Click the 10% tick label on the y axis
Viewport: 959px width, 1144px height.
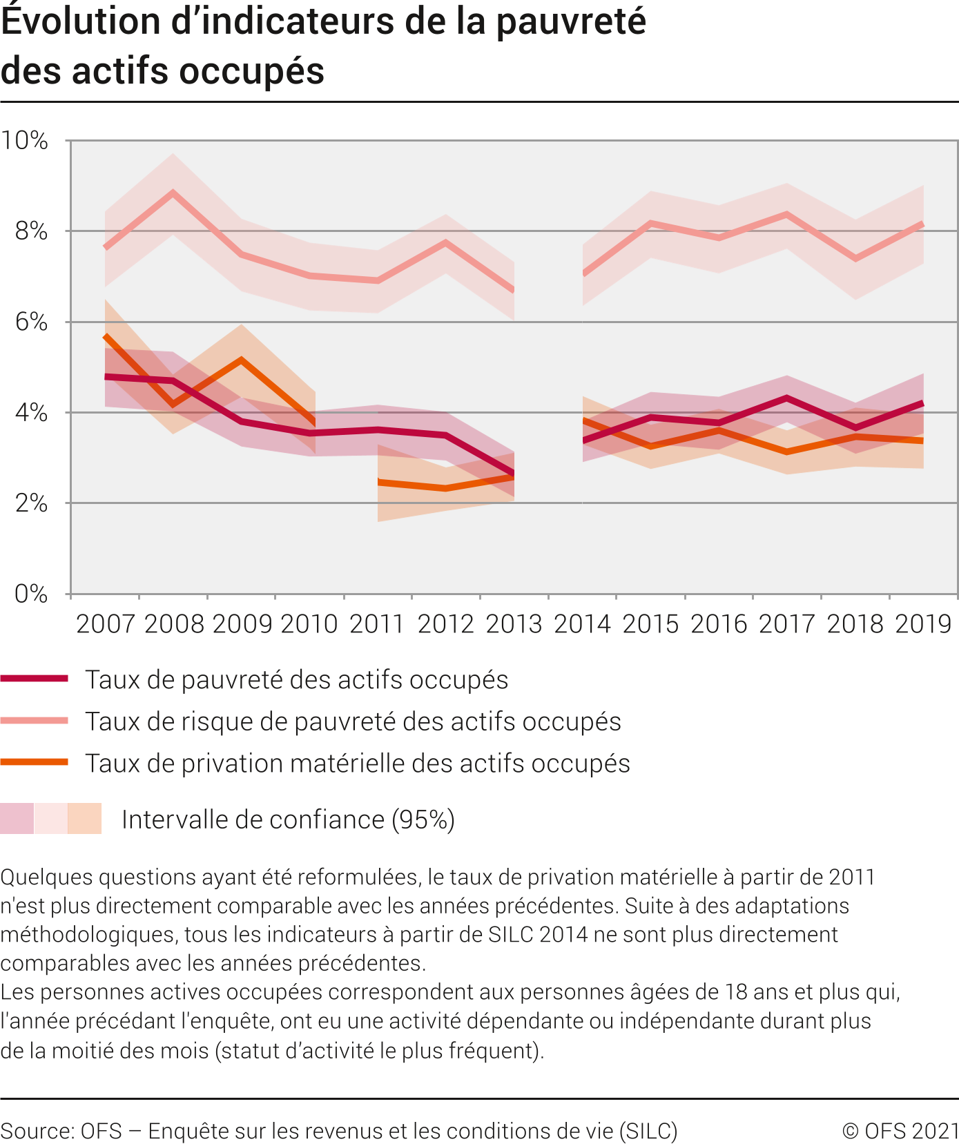point(25,141)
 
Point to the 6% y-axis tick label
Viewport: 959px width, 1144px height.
point(31,322)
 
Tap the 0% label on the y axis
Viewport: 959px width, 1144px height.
point(31,594)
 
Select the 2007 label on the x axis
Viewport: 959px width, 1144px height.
point(105,624)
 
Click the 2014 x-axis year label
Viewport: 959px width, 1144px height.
point(582,624)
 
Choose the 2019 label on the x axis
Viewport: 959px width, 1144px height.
point(923,624)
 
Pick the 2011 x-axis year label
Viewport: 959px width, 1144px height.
point(377,624)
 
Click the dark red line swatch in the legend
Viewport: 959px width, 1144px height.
point(35,679)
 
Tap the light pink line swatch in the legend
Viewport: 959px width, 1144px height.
point(35,721)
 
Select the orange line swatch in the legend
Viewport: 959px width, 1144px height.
point(35,762)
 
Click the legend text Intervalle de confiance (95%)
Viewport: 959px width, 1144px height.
point(288,820)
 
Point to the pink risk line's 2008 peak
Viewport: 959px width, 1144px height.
point(173,193)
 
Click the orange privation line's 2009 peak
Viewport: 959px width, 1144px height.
point(241,360)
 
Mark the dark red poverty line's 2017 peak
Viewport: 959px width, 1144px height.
point(786,398)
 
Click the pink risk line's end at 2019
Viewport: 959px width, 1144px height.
point(922,224)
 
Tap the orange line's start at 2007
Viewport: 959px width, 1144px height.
point(106,336)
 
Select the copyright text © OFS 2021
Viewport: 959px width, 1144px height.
point(900,1131)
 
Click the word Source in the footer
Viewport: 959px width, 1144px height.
point(36,1131)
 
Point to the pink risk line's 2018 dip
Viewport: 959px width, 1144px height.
point(855,259)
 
